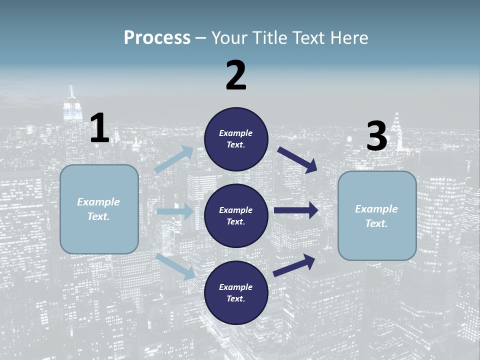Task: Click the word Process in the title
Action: pos(157,38)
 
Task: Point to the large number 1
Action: pos(99,128)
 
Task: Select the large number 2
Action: pos(236,75)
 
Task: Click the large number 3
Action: pos(377,136)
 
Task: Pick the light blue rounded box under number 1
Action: pos(99,209)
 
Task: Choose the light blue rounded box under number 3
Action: pos(377,216)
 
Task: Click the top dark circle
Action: pos(236,139)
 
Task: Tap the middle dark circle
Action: pos(236,216)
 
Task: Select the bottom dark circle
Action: pos(236,293)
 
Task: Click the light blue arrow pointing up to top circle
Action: pos(174,159)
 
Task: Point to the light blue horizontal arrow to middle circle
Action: pos(175,211)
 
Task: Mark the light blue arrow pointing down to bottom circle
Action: pos(175,266)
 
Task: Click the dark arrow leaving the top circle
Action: pos(297,159)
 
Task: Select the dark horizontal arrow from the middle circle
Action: pos(296,210)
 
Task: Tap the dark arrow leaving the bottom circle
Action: pos(294,265)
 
